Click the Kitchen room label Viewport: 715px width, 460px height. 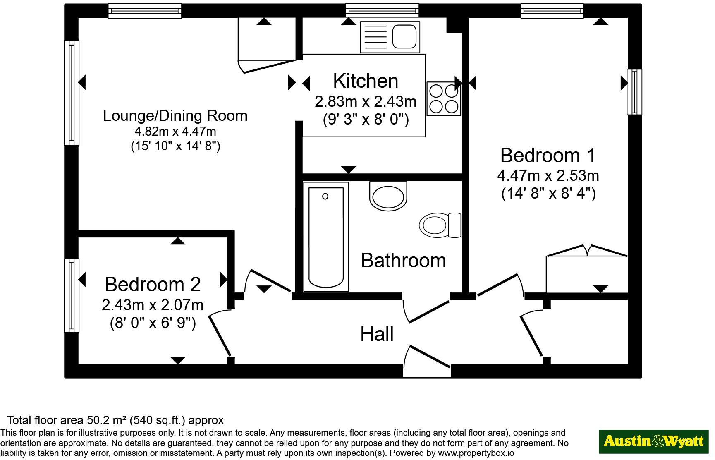[x=366, y=81]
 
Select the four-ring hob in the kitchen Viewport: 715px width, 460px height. [x=444, y=98]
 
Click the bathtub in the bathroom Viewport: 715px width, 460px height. [x=326, y=237]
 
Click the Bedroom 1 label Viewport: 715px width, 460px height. [x=548, y=155]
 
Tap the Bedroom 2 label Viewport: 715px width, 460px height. [x=153, y=284]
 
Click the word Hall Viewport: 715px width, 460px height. [x=377, y=334]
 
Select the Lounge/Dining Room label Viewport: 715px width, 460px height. [x=175, y=115]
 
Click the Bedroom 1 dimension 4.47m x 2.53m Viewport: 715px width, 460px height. [x=548, y=175]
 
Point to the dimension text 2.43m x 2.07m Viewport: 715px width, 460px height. [x=153, y=305]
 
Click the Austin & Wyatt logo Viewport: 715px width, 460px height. [x=654, y=441]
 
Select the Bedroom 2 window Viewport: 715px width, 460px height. [x=72, y=295]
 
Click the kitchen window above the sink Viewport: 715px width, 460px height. [x=383, y=11]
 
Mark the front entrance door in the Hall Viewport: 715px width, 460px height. [x=427, y=361]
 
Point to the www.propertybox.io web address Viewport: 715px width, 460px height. [x=476, y=453]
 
